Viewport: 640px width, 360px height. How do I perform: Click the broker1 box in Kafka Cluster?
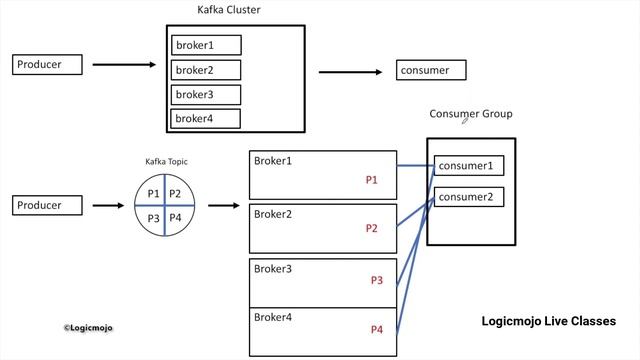click(x=206, y=45)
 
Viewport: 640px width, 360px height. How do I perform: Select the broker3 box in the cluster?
click(x=206, y=94)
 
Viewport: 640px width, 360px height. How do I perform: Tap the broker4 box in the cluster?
click(x=206, y=118)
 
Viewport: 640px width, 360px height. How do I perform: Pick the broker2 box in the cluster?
click(x=206, y=70)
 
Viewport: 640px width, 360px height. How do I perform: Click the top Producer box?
click(x=49, y=65)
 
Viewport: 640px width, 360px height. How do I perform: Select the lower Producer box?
click(x=49, y=205)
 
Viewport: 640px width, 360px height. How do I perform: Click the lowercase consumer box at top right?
click(x=432, y=70)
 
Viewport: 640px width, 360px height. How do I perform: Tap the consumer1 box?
click(x=468, y=166)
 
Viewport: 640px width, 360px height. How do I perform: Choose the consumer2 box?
click(x=468, y=196)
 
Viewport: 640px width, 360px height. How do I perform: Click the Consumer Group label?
click(x=471, y=114)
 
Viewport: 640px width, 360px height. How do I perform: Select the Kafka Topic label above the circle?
click(x=166, y=162)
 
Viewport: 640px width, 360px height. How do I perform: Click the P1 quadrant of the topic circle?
click(x=153, y=193)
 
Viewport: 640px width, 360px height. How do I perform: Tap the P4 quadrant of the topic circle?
click(x=176, y=218)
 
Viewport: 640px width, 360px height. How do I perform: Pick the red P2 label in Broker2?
click(x=371, y=228)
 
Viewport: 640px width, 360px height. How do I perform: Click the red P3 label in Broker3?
click(x=376, y=280)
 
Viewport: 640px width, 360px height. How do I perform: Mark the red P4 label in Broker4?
click(x=376, y=329)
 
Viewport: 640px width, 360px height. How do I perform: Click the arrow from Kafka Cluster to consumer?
click(x=350, y=71)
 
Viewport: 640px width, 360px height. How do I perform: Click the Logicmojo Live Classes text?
click(x=548, y=322)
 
